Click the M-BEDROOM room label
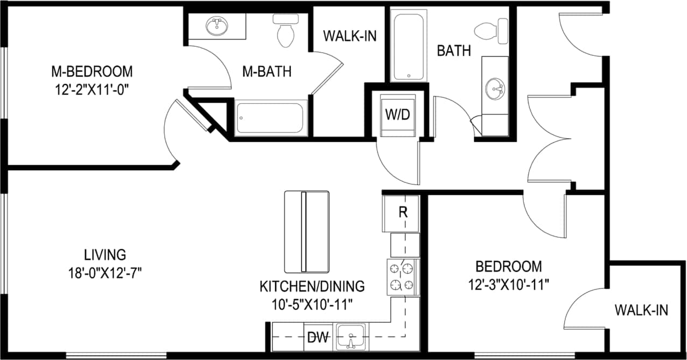pos(92,71)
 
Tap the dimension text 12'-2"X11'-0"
pos(92,89)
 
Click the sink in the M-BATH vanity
pos(216,26)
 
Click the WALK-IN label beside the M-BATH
pos(349,36)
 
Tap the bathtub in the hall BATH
pos(409,47)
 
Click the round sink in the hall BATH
pos(495,88)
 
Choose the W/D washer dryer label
pos(398,114)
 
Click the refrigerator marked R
pos(402,212)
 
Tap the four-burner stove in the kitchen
pos(402,277)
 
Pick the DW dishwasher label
pos(318,338)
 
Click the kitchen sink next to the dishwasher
pos(350,337)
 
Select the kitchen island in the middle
pos(306,231)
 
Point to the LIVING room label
pos(105,254)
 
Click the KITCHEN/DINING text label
pos(312,286)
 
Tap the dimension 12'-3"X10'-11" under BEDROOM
pos(508,284)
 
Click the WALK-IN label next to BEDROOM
pos(641,310)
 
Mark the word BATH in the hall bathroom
pos(454,51)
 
